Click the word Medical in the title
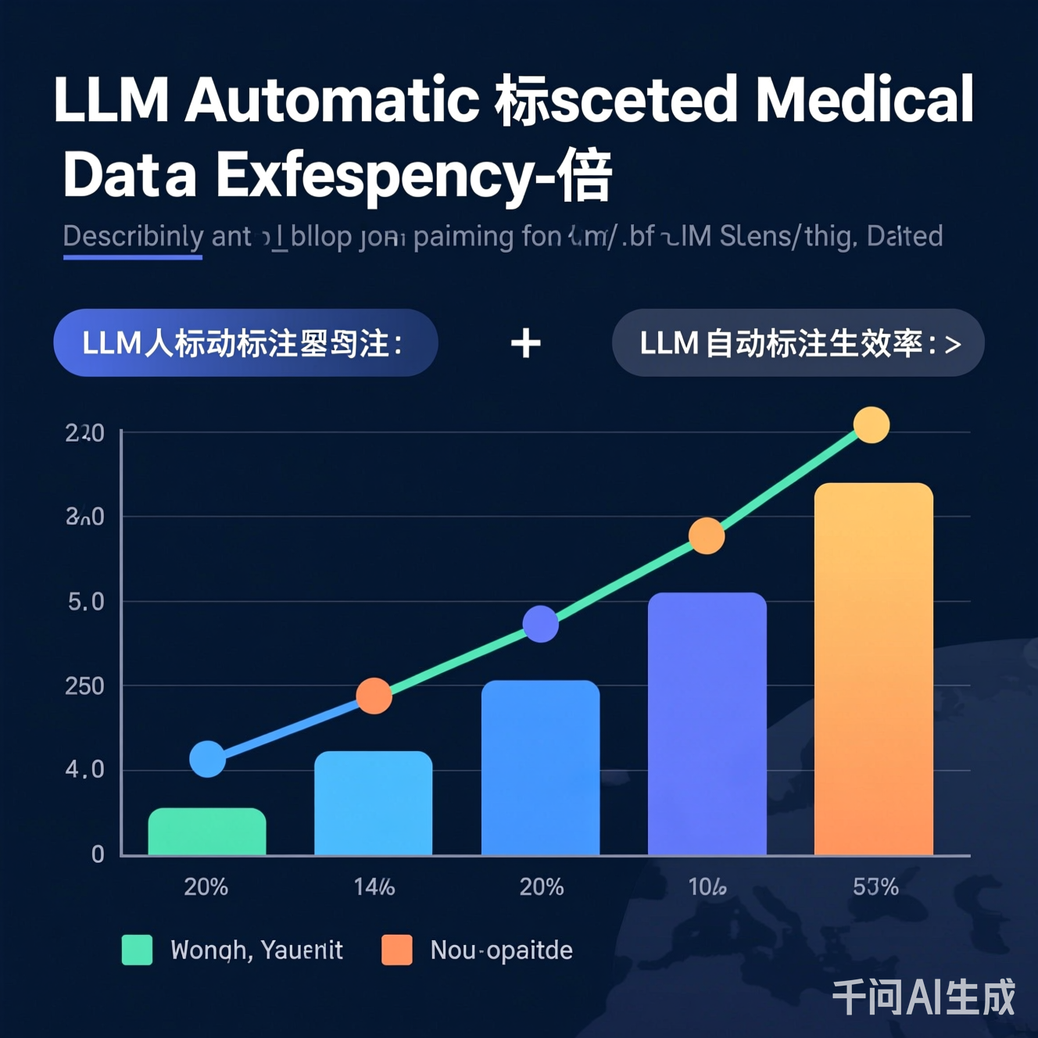point(864,100)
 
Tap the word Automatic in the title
point(331,100)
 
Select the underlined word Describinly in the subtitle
point(132,236)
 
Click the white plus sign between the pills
point(525,343)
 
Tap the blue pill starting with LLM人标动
point(245,343)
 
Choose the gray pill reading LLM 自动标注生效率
point(797,343)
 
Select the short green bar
point(207,832)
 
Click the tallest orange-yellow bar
point(873,668)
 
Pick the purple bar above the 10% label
point(707,723)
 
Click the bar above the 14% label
point(374,803)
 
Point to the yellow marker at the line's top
point(871,425)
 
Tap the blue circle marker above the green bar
point(208,759)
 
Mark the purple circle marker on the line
point(540,624)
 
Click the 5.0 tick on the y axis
point(85,602)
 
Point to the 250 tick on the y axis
point(84,686)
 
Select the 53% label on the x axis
point(875,887)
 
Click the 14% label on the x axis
point(374,887)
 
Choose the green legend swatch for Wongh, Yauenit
point(138,950)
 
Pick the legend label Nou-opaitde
point(501,950)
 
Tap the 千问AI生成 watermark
point(923,997)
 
